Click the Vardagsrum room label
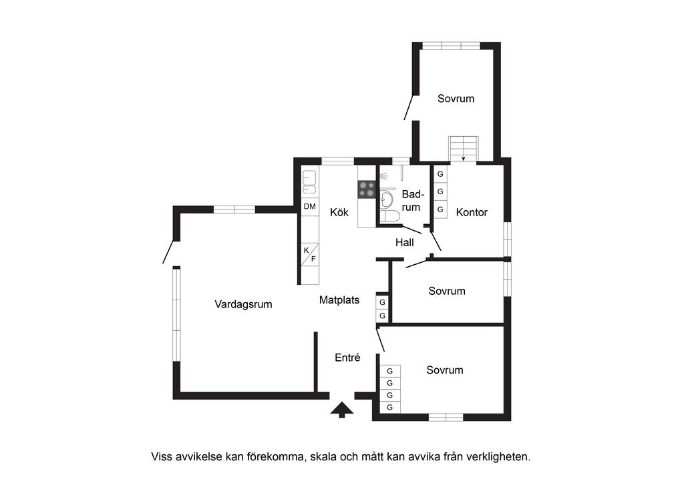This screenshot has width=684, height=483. pos(243,304)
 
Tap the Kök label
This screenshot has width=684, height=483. pos(339,212)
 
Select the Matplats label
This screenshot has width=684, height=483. pos(339,300)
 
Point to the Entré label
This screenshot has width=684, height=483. pos(347,358)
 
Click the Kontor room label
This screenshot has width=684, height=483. pos(472,212)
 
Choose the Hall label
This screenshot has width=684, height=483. pos(405,242)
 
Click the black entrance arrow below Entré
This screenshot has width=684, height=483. pos(342,410)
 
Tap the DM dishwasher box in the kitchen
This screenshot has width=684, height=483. pos(310,207)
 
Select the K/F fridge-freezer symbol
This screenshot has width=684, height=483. pos(310,254)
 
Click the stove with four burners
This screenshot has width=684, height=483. pos(367,189)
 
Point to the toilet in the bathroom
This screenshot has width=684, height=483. pos(389,215)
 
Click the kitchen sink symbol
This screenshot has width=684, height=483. pos(309,181)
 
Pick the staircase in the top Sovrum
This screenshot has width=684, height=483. pos(464,148)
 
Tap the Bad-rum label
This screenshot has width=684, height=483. pos(412,200)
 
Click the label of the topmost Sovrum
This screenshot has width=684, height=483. pos(456,99)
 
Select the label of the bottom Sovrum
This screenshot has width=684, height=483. pos(445,370)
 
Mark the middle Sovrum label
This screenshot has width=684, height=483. pos(447,291)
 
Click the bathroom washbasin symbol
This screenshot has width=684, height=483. pos(387,199)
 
